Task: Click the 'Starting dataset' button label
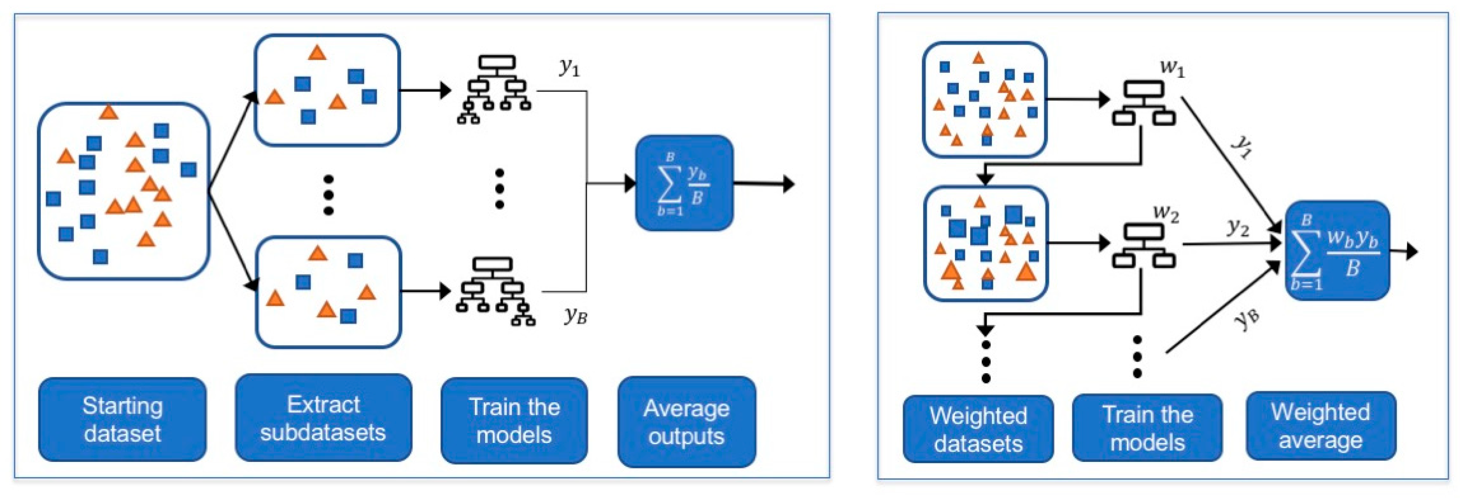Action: click(x=122, y=420)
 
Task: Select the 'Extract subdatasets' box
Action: click(x=323, y=418)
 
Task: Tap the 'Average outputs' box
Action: click(x=686, y=422)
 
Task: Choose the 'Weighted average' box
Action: click(x=1320, y=426)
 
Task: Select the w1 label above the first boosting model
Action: click(x=1172, y=68)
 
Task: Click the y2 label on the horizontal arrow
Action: click(x=1238, y=228)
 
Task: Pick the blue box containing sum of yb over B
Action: click(x=684, y=183)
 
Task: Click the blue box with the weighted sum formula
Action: click(x=1337, y=250)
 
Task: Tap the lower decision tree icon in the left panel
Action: click(x=495, y=291)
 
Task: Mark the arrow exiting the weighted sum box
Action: click(x=1404, y=251)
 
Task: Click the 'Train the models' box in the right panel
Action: click(x=1147, y=428)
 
